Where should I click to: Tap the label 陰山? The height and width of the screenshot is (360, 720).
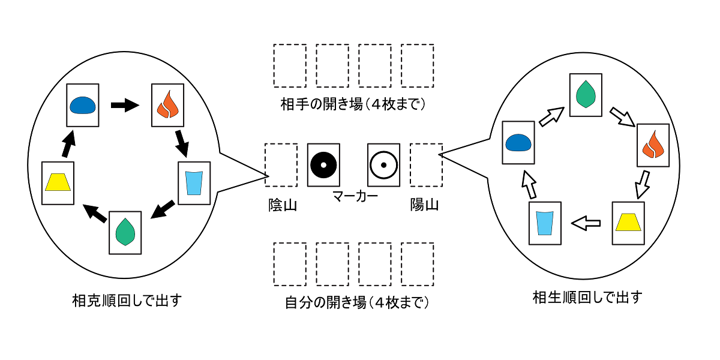click(x=282, y=205)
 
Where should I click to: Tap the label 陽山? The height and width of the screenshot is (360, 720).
click(x=424, y=205)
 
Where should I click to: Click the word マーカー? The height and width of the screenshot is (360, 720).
click(x=354, y=196)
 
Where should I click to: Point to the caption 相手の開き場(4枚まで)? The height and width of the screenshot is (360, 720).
click(x=353, y=104)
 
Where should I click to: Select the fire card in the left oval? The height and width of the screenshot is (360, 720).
click(x=167, y=104)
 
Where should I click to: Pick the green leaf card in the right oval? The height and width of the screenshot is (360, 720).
click(x=585, y=94)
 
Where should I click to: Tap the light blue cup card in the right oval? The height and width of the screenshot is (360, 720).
click(x=545, y=223)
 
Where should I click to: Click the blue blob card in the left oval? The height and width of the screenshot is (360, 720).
click(x=82, y=105)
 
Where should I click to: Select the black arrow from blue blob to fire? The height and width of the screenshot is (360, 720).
click(x=125, y=106)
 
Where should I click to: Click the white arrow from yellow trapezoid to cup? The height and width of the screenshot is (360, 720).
click(x=586, y=224)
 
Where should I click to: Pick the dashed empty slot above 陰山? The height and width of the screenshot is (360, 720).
click(x=281, y=164)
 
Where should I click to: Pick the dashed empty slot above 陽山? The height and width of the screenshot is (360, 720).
click(x=426, y=164)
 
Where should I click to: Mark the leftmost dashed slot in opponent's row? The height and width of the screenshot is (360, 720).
click(x=290, y=65)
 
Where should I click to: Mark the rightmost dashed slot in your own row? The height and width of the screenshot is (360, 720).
click(x=417, y=263)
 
